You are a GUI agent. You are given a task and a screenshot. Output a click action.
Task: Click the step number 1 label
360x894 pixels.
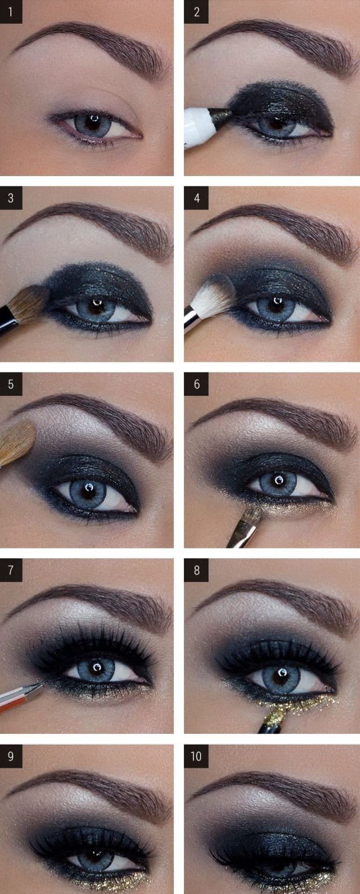(11, 11)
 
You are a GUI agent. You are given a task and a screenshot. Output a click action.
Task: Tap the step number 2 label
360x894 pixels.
(196, 11)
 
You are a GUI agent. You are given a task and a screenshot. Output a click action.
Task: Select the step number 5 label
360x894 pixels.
(11, 384)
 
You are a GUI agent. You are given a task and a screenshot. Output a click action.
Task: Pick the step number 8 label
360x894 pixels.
(196, 570)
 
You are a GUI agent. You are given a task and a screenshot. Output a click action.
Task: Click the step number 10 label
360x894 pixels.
(196, 756)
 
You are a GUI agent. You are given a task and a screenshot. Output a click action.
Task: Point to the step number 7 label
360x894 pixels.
(11, 570)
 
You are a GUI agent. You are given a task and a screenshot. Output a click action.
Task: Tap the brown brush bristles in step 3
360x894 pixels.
(30, 304)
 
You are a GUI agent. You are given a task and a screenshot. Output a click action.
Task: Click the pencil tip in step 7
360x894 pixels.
(38, 686)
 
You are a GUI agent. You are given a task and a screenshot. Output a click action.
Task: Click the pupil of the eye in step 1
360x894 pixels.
(93, 122)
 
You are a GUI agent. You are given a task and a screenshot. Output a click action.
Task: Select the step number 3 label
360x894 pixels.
(11, 198)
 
